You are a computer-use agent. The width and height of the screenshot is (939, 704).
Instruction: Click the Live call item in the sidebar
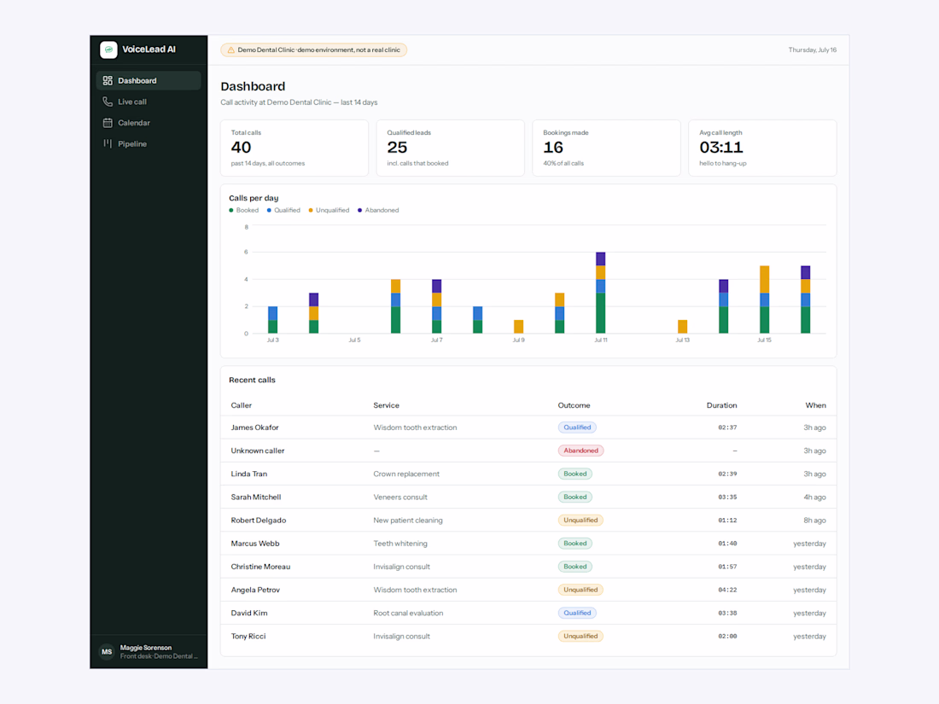coord(131,102)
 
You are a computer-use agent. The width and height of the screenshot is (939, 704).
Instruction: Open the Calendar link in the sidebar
coord(133,123)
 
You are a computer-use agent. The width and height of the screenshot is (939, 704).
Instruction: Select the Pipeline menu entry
coord(131,143)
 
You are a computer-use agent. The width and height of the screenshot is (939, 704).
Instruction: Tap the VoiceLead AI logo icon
coord(108,49)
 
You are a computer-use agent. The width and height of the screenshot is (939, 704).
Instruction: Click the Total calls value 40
coord(241,148)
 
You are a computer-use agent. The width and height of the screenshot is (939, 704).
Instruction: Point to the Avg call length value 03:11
coord(721,148)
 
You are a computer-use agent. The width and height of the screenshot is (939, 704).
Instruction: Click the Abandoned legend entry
coord(378,210)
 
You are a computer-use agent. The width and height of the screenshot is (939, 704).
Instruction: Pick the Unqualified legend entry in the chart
coord(329,210)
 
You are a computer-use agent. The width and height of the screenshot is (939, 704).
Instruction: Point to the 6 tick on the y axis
coord(246,252)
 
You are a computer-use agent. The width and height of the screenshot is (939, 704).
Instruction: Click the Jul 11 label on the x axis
coord(601,340)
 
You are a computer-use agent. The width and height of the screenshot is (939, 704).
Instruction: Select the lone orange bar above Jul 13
coord(683,326)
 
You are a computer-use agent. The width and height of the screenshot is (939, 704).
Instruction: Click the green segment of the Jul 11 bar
coord(601,313)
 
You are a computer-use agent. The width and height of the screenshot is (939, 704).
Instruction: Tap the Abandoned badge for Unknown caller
coord(580,451)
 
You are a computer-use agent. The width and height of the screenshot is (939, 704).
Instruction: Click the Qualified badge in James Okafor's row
coord(577,428)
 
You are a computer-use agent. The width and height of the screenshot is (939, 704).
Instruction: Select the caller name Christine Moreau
coord(260,567)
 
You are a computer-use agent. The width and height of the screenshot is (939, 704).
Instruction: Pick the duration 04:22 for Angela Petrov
coord(727,591)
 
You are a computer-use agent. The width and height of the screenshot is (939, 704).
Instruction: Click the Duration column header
coord(721,405)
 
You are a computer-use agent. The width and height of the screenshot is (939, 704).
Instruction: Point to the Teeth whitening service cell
coord(400,544)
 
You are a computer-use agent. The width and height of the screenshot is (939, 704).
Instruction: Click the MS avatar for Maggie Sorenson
coord(107,652)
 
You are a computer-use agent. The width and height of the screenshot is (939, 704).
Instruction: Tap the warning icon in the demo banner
coord(231,50)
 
